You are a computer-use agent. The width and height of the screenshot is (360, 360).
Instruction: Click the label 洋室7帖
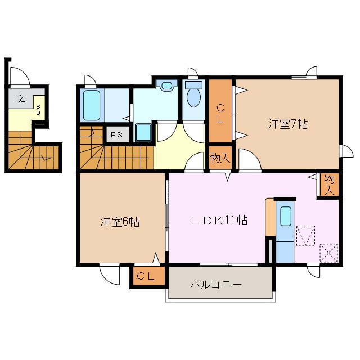tap(287, 124)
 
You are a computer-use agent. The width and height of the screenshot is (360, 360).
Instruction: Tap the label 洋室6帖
tap(120, 222)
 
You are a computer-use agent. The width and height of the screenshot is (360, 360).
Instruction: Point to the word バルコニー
tap(215, 285)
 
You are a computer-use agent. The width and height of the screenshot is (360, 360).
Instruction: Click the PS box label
tap(116, 135)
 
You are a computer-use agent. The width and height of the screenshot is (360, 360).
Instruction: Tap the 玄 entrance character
tap(21, 98)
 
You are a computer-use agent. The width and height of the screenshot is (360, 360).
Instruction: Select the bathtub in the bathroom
tap(92, 105)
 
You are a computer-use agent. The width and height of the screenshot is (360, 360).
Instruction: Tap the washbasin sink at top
tap(167, 86)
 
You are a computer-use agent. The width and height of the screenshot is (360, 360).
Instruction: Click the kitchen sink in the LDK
tap(286, 215)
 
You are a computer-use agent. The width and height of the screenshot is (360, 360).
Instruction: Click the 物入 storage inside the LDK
tap(329, 184)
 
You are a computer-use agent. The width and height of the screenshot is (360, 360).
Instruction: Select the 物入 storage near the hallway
tap(220, 158)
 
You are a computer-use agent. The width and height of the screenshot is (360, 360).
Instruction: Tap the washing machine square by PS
tap(143, 132)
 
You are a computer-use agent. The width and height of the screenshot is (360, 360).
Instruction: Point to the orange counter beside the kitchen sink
tap(271, 217)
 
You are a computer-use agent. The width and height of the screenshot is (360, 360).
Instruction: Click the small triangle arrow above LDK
tap(228, 178)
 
